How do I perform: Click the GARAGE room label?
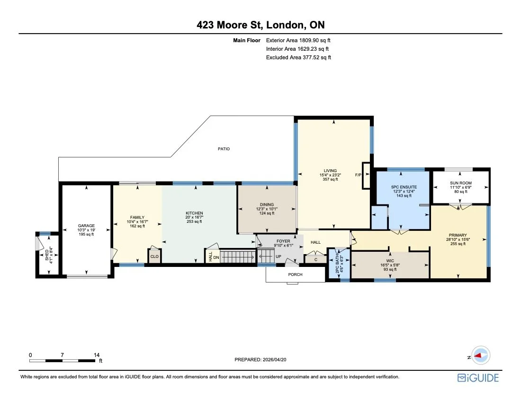[86, 226]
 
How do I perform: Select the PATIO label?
[224, 149]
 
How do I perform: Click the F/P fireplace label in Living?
[358, 175]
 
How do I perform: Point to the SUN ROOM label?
[460, 183]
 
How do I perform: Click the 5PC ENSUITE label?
[404, 187]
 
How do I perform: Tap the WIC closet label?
[390, 261]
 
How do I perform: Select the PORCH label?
[296, 275]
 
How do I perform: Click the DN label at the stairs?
[216, 257]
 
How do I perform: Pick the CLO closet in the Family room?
[154, 256]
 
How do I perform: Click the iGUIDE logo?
[477, 377]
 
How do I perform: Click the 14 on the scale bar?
[97, 355]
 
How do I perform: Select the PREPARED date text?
[260, 360]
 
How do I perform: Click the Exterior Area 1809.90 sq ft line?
[298, 41]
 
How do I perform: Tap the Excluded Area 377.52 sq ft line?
[298, 57]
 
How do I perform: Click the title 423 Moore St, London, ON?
[260, 25]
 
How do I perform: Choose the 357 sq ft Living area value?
[330, 180]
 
